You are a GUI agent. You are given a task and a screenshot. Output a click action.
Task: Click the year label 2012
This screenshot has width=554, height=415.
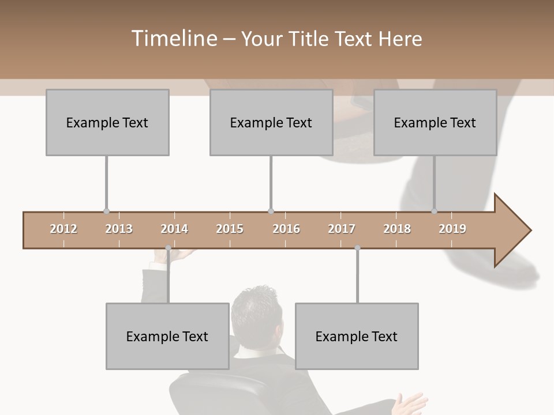63,229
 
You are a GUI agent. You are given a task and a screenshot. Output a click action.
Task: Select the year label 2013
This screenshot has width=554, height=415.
119,229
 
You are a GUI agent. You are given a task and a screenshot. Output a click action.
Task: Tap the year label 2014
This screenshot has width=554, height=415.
174,229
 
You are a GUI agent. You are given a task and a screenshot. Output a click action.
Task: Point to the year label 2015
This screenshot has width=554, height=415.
230,229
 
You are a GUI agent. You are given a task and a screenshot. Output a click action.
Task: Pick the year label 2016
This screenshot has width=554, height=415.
286,229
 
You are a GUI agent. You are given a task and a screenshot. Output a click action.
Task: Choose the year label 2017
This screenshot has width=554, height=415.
342,229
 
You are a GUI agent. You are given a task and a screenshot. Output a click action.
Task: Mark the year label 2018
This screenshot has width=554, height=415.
397,229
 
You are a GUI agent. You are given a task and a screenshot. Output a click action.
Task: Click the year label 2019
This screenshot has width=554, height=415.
452,229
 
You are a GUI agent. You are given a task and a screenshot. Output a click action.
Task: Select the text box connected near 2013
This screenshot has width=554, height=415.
107,122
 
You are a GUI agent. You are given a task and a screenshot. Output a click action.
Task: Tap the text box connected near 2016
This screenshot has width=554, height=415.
271,122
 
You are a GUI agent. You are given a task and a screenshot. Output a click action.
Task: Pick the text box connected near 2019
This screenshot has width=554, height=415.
435,122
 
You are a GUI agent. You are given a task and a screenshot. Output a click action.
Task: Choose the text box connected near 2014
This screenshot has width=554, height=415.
167,336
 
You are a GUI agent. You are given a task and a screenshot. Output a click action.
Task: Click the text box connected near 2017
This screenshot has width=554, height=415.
357,336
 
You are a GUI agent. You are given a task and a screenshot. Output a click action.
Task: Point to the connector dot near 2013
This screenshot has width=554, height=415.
106,212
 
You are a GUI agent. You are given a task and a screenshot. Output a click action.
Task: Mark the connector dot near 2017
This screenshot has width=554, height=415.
357,248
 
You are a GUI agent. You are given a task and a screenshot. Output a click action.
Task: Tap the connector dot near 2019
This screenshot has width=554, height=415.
434,212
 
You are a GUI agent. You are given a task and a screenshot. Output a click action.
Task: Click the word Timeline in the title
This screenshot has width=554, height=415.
173,39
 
